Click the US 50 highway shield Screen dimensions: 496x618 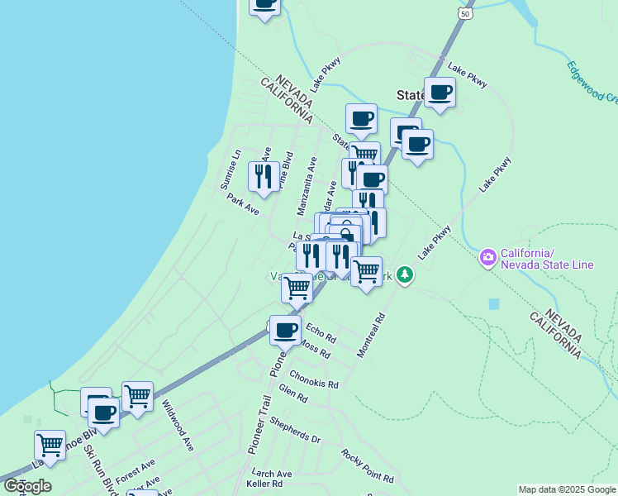[x=467, y=14]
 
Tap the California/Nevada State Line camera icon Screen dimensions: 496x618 [x=488, y=258]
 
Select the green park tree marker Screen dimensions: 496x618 [x=404, y=274]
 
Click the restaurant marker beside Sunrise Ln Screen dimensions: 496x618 [x=264, y=177]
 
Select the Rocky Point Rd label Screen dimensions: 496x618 [x=367, y=466]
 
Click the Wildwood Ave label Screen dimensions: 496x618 [x=178, y=425]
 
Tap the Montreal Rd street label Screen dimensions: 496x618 [x=371, y=335]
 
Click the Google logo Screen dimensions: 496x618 [x=27, y=486]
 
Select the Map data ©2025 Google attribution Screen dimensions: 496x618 [x=567, y=489]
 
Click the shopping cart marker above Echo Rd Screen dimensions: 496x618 [x=297, y=288]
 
